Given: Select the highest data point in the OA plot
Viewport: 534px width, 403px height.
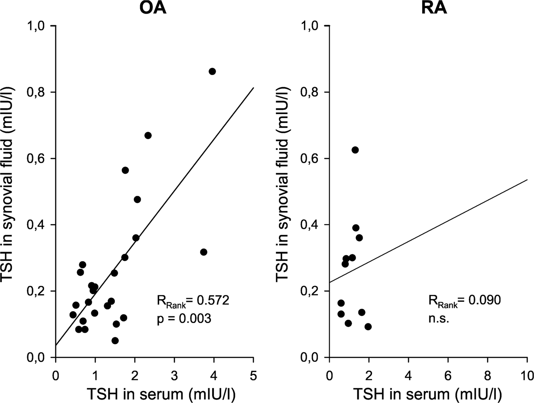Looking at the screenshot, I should (212, 71).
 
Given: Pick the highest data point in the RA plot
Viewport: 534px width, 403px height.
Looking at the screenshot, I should (355, 150).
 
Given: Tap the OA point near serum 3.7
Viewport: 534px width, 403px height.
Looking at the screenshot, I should (204, 252).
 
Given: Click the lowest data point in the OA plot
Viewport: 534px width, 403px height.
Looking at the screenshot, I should (115, 340).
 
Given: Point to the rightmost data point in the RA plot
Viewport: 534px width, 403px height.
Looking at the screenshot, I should (368, 327).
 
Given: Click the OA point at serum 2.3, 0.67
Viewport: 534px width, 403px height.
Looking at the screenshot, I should (148, 135).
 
